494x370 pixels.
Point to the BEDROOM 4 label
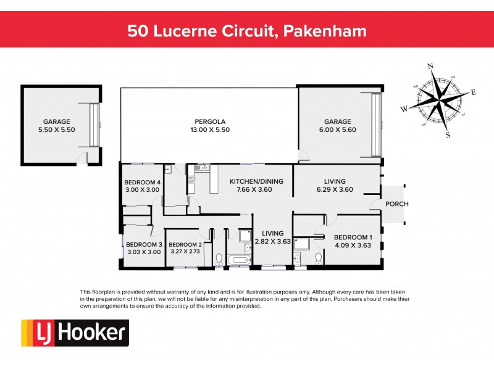click(x=142, y=182)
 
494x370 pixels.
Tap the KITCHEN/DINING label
click(x=256, y=181)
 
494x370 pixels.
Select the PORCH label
click(x=396, y=204)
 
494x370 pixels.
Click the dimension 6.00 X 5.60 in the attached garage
click(x=338, y=130)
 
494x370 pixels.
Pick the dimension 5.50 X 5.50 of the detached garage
click(x=56, y=130)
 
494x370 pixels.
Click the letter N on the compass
click(x=430, y=66)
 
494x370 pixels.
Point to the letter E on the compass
click(x=474, y=92)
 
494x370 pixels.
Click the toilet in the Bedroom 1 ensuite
click(x=317, y=258)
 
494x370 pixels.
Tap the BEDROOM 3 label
click(x=143, y=244)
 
